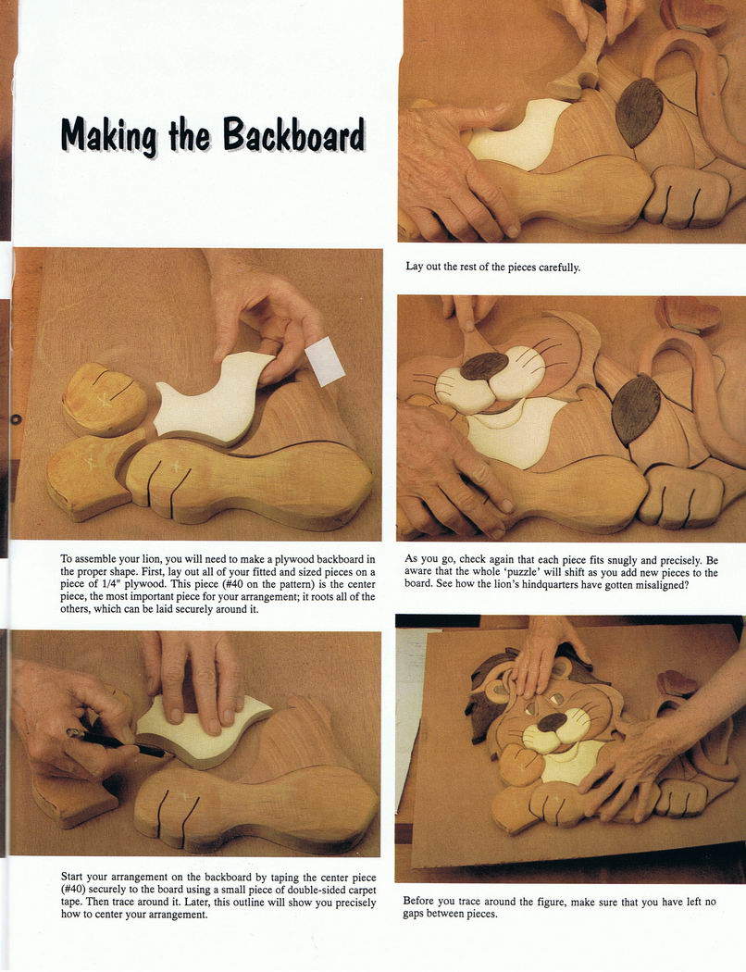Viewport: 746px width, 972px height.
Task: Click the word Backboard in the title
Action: [293, 134]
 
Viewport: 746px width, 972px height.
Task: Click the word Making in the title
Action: [109, 135]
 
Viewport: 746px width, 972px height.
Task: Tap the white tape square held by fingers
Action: [325, 361]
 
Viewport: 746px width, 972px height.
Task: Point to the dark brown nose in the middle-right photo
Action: [484, 367]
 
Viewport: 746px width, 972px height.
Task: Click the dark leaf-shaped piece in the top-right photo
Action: [640, 112]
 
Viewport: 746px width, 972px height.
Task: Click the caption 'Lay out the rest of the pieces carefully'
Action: [493, 268]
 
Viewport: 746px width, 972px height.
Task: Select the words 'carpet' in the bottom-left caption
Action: [359, 891]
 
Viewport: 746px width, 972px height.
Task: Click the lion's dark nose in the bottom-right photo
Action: [551, 721]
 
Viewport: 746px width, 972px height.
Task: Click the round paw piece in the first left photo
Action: [104, 399]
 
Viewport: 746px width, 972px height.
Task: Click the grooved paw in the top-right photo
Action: [688, 197]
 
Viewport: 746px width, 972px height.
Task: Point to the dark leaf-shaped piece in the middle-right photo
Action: [635, 409]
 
